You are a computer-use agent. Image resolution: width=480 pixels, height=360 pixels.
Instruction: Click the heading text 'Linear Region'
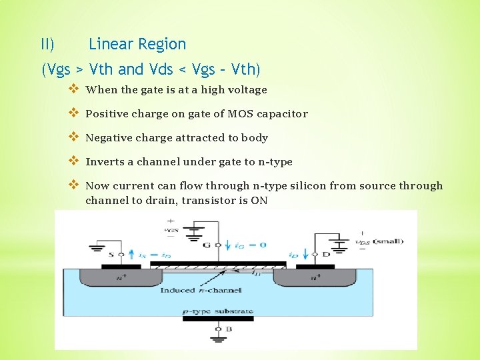[x=137, y=45]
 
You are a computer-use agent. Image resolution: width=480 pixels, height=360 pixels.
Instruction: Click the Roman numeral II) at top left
[x=47, y=45]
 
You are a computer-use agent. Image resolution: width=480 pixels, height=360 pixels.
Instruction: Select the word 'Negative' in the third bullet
[x=109, y=138]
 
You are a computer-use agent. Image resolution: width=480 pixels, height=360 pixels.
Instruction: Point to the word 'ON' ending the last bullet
[x=259, y=200]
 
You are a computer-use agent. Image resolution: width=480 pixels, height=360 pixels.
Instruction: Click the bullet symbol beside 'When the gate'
[x=73, y=89]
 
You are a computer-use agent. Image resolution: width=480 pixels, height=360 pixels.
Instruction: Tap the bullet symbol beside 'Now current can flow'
[x=73, y=185]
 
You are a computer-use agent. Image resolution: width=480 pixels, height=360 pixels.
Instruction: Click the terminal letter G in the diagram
[x=207, y=245]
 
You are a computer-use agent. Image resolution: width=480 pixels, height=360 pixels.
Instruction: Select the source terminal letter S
[x=121, y=254]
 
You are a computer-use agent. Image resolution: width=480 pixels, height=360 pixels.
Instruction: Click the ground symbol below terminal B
[x=218, y=339]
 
